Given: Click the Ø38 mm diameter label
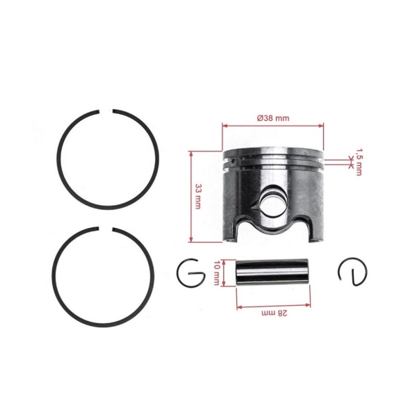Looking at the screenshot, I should click(272, 118).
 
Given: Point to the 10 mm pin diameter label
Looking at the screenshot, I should click(218, 272).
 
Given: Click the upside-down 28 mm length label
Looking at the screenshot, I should click(272, 314).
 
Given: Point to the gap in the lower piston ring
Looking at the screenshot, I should click(107, 229).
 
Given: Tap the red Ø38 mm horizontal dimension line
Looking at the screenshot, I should click(272, 126).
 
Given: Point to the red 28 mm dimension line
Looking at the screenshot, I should click(272, 306).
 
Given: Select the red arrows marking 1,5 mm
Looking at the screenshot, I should click(348, 161).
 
